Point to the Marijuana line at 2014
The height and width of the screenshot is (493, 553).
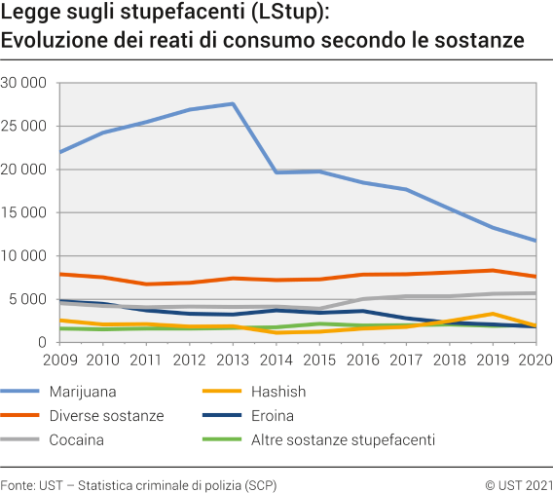pos(276,172)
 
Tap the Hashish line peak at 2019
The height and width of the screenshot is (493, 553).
pos(494,314)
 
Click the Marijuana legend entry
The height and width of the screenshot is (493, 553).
pos(81,392)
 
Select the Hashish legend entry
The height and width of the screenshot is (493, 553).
pos(277,392)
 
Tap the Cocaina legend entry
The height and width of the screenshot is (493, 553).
pos(76,439)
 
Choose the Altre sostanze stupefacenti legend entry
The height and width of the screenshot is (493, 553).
pos(343,439)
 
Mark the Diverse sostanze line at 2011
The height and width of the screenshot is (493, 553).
pos(147,284)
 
